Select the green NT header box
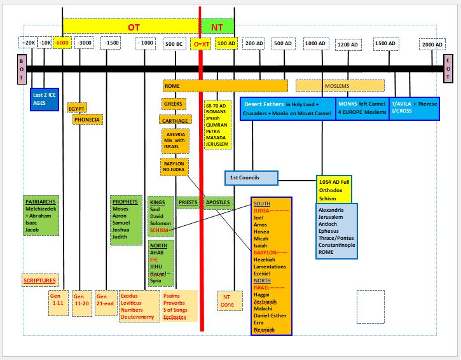(217, 27)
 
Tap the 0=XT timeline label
(200, 44)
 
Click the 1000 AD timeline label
(315, 43)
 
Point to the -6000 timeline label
(62, 43)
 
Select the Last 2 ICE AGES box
(44, 99)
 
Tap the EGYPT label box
(76, 108)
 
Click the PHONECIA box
(87, 119)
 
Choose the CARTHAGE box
(175, 120)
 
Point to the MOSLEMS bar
(340, 85)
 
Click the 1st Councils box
(251, 177)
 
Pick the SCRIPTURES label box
(39, 280)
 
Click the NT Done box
(227, 300)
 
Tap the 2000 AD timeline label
(432, 45)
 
